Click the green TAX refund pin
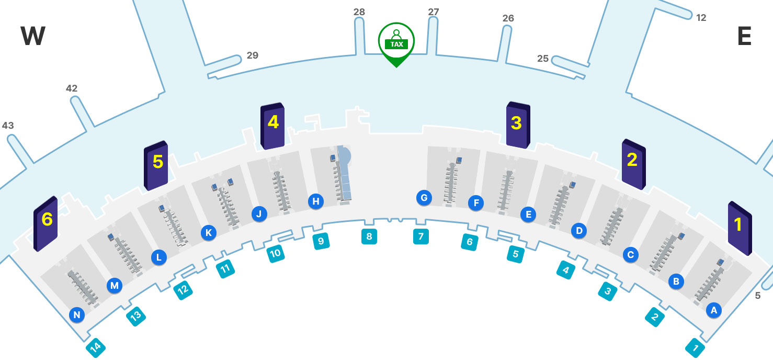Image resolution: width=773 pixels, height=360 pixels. pyautogui.click(x=396, y=42)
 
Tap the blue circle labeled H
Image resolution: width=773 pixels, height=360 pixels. pyautogui.click(x=315, y=201)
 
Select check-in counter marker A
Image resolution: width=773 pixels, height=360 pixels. pyautogui.click(x=713, y=310)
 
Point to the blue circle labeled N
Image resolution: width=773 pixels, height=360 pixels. pyautogui.click(x=77, y=315)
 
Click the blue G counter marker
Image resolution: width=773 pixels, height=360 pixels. pyautogui.click(x=424, y=198)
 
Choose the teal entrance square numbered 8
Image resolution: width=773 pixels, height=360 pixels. pyautogui.click(x=369, y=237)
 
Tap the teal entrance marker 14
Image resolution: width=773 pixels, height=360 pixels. pyautogui.click(x=95, y=347)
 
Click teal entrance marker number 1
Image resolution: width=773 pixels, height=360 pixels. pyautogui.click(x=696, y=347)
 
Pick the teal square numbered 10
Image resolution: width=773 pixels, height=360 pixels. pyautogui.click(x=276, y=254)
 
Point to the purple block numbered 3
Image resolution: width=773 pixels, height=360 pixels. pyautogui.click(x=518, y=125)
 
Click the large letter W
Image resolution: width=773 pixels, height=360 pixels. pyautogui.click(x=32, y=37)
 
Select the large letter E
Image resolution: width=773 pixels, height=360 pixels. pyautogui.click(x=744, y=37)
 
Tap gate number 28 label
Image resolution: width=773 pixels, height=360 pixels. pyautogui.click(x=359, y=12)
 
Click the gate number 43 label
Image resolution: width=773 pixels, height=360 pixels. pyautogui.click(x=8, y=126)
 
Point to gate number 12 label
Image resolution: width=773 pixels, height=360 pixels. pyautogui.click(x=701, y=18)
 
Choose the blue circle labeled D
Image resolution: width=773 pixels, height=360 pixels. pyautogui.click(x=578, y=230)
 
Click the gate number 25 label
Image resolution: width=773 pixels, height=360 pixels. pyautogui.click(x=543, y=59)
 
